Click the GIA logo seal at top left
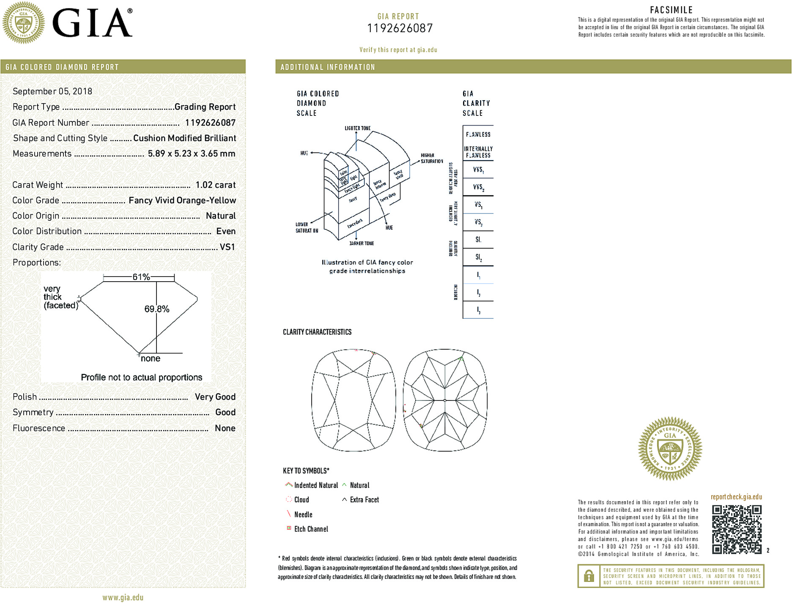(23, 22)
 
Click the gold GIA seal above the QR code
(670, 449)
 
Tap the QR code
(737, 529)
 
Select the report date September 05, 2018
(52, 91)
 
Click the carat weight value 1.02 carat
(215, 185)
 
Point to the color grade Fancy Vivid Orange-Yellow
(182, 200)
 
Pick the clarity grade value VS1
(227, 247)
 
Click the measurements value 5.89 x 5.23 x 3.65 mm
(192, 153)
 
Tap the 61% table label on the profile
(141, 277)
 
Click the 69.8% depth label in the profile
(157, 309)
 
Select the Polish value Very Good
(215, 397)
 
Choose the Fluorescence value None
(225, 428)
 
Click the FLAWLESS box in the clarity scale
(478, 134)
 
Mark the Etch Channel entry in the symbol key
(311, 529)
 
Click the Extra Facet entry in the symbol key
(364, 500)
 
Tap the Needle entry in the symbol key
(303, 515)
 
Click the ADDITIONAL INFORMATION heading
(328, 67)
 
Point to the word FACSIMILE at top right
(671, 10)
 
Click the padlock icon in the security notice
(589, 576)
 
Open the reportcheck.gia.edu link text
(736, 497)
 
